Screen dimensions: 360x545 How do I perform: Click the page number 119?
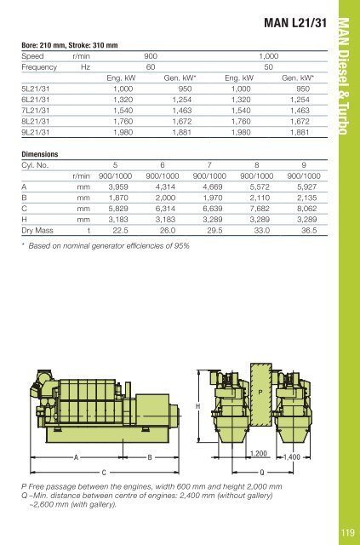click(x=346, y=534)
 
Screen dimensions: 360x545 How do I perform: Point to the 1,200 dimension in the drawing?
click(x=260, y=454)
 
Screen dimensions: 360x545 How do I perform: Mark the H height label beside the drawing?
click(x=198, y=407)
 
